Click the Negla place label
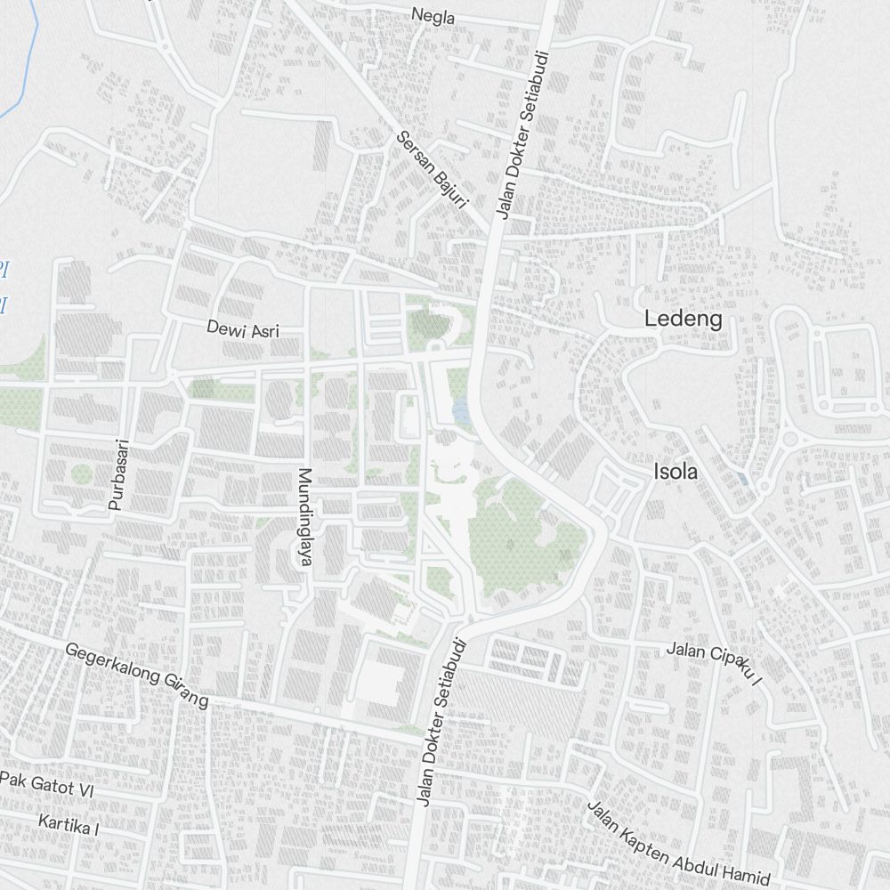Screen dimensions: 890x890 (x=433, y=16)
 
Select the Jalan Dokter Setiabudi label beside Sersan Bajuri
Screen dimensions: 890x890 (x=522, y=134)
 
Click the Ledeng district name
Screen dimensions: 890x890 (x=683, y=319)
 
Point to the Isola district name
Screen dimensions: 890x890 (x=676, y=471)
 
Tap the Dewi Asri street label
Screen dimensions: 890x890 (x=243, y=329)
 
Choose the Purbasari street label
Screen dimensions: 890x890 (x=118, y=473)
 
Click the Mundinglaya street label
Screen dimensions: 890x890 (x=305, y=517)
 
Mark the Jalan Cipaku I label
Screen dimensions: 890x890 (x=716, y=663)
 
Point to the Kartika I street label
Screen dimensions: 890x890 (x=69, y=823)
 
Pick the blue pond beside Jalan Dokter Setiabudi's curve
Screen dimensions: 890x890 (x=461, y=411)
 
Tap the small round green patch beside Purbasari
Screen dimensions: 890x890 (x=81, y=473)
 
